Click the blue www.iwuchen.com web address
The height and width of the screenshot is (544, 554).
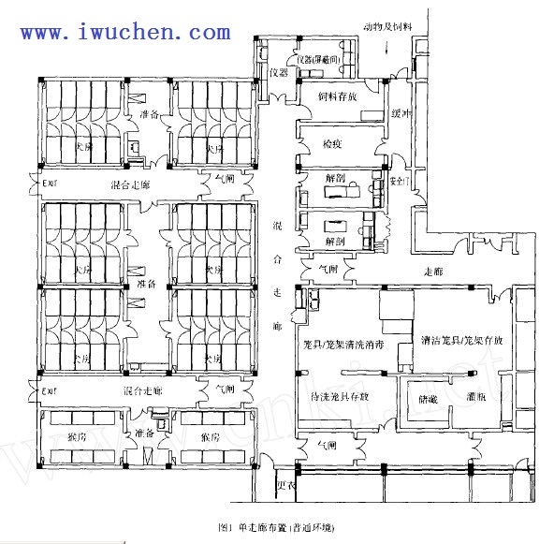coord(125,32)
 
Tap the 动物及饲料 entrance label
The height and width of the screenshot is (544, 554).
coord(386,27)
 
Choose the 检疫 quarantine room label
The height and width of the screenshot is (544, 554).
coord(332,145)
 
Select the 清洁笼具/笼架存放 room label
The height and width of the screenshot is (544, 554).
coord(461,341)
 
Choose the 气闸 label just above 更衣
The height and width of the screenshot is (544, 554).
coord(326,446)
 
